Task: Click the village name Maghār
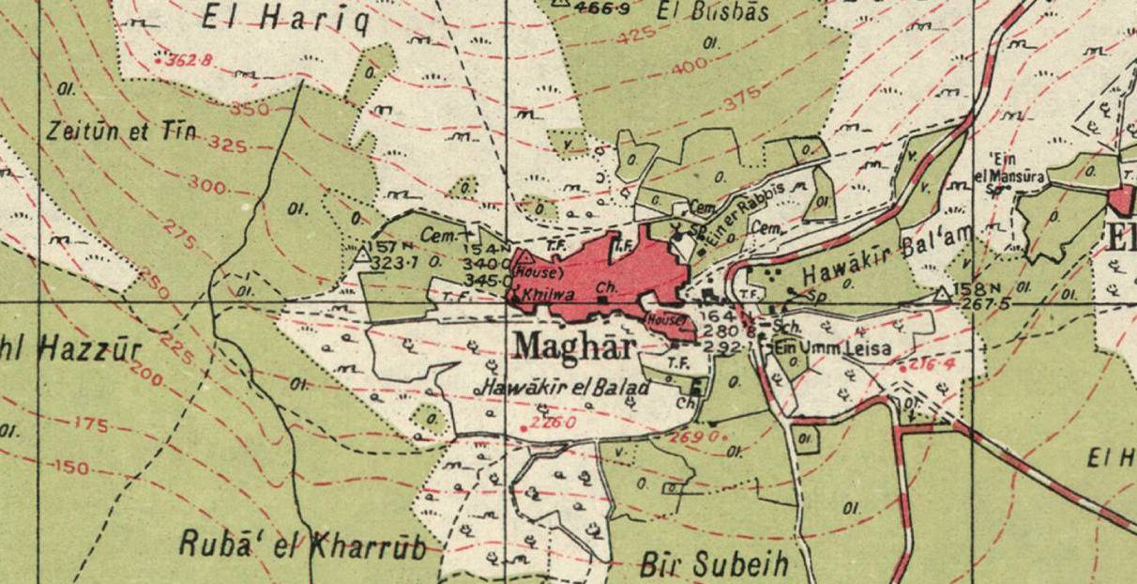(x=574, y=347)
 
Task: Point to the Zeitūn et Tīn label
(x=121, y=131)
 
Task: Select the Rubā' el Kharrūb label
(x=303, y=546)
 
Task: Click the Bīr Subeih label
(x=714, y=564)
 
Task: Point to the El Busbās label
(x=713, y=12)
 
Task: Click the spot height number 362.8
(x=187, y=61)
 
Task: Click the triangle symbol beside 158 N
(x=942, y=295)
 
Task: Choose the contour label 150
(x=72, y=467)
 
